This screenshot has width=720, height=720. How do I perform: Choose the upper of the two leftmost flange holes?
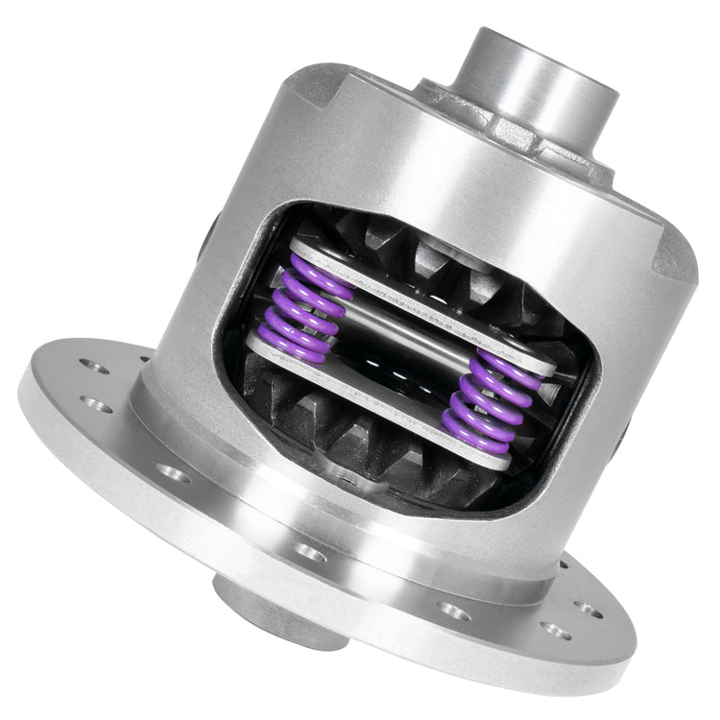pyautogui.click(x=92, y=365)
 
